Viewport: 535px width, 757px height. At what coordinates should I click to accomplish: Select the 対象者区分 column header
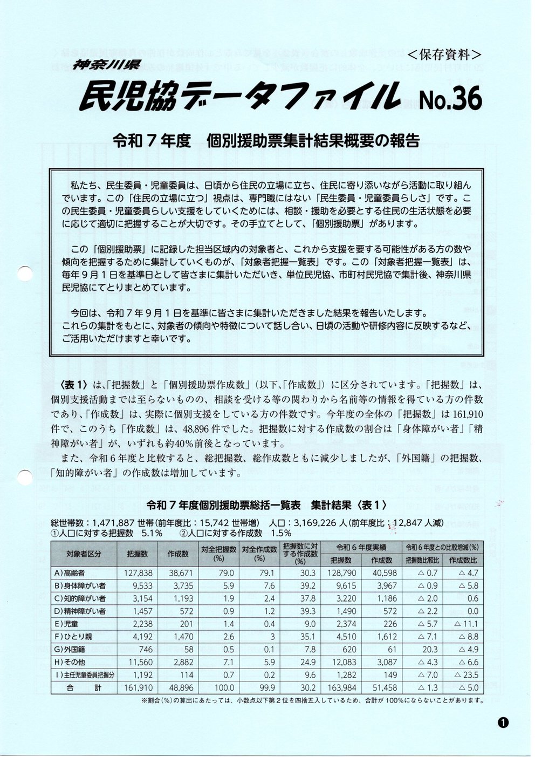[84, 554]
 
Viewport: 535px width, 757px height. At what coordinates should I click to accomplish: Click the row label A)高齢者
[75, 572]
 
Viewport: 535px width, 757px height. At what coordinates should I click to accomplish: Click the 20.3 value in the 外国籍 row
[429, 649]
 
